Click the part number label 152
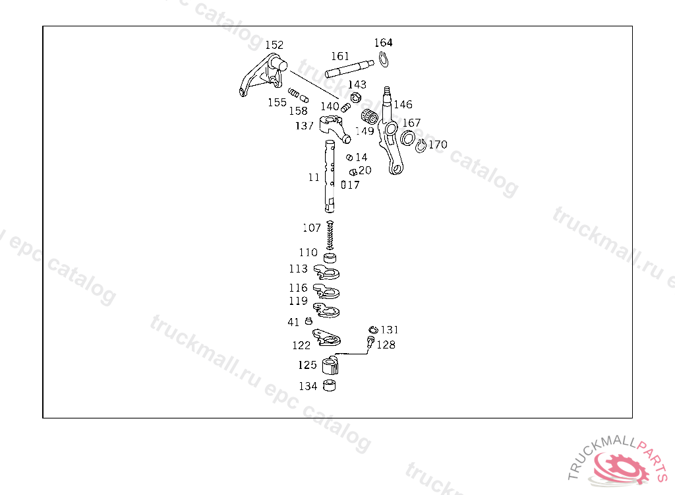[x=274, y=45]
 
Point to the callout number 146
[x=403, y=104]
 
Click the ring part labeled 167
[x=408, y=137]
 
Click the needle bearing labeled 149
[x=370, y=118]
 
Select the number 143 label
[x=357, y=84]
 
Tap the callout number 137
[x=305, y=125]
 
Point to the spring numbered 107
[x=331, y=235]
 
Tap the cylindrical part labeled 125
[x=330, y=365]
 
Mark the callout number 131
[x=390, y=329]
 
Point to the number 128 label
[x=386, y=345]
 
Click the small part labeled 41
[x=308, y=321]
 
